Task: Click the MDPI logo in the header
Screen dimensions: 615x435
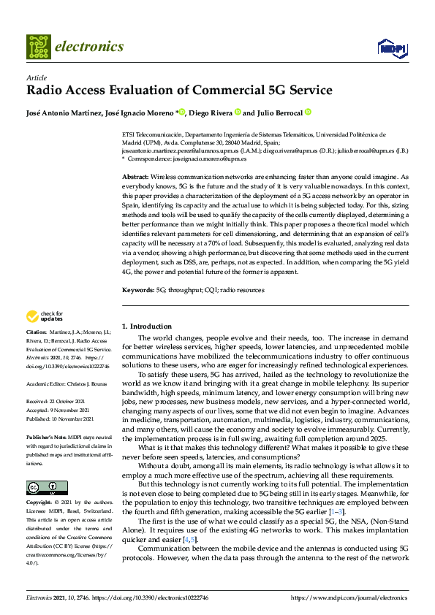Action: [391, 47]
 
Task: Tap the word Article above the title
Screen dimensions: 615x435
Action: [36, 77]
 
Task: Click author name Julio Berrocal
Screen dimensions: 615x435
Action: [279, 112]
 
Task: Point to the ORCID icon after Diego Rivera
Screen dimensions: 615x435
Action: [237, 112]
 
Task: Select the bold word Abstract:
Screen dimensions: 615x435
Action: [135, 177]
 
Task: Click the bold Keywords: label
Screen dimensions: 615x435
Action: [137, 291]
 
